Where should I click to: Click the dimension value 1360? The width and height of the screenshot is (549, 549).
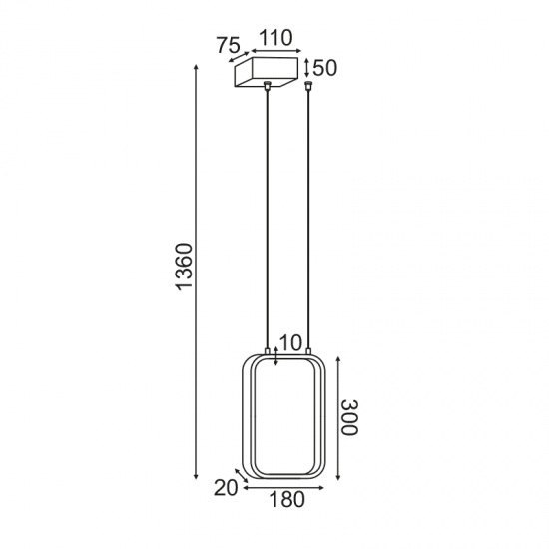coord(184,269)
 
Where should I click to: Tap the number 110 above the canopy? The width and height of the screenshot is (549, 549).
coord(274,39)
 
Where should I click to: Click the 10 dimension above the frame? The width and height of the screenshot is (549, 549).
coord(290,342)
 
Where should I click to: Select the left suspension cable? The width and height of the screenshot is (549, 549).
coord(268,220)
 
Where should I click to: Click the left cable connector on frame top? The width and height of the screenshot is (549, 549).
coord(267,349)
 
